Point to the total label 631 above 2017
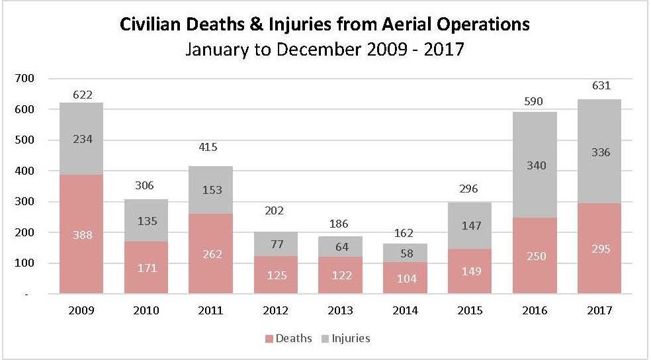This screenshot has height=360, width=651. [599, 85]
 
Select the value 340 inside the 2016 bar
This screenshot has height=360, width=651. [535, 165]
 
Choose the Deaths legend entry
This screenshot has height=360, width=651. [288, 339]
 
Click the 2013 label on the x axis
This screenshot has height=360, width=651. [340, 310]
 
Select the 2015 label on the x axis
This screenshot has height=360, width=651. [470, 310]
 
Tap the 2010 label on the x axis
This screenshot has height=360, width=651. [146, 310]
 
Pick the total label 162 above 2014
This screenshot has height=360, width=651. [405, 234]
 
